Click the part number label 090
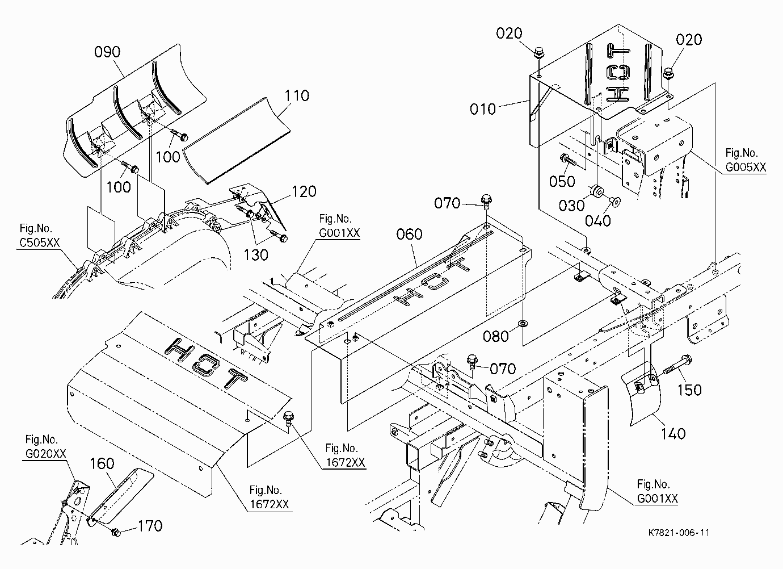[x=107, y=52]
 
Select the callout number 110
[x=297, y=95]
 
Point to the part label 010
[x=483, y=109]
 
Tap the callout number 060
[x=409, y=234]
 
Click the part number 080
[x=496, y=336]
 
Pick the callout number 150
[x=689, y=390]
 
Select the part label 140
[x=673, y=434]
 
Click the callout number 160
[x=102, y=464]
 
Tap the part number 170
[x=150, y=526]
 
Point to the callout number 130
[x=256, y=256]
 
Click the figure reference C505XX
[x=40, y=242]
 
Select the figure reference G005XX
[x=746, y=167]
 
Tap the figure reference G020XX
[x=46, y=454]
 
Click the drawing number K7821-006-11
[x=679, y=533]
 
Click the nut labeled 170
[x=116, y=533]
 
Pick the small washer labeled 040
[x=615, y=200]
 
